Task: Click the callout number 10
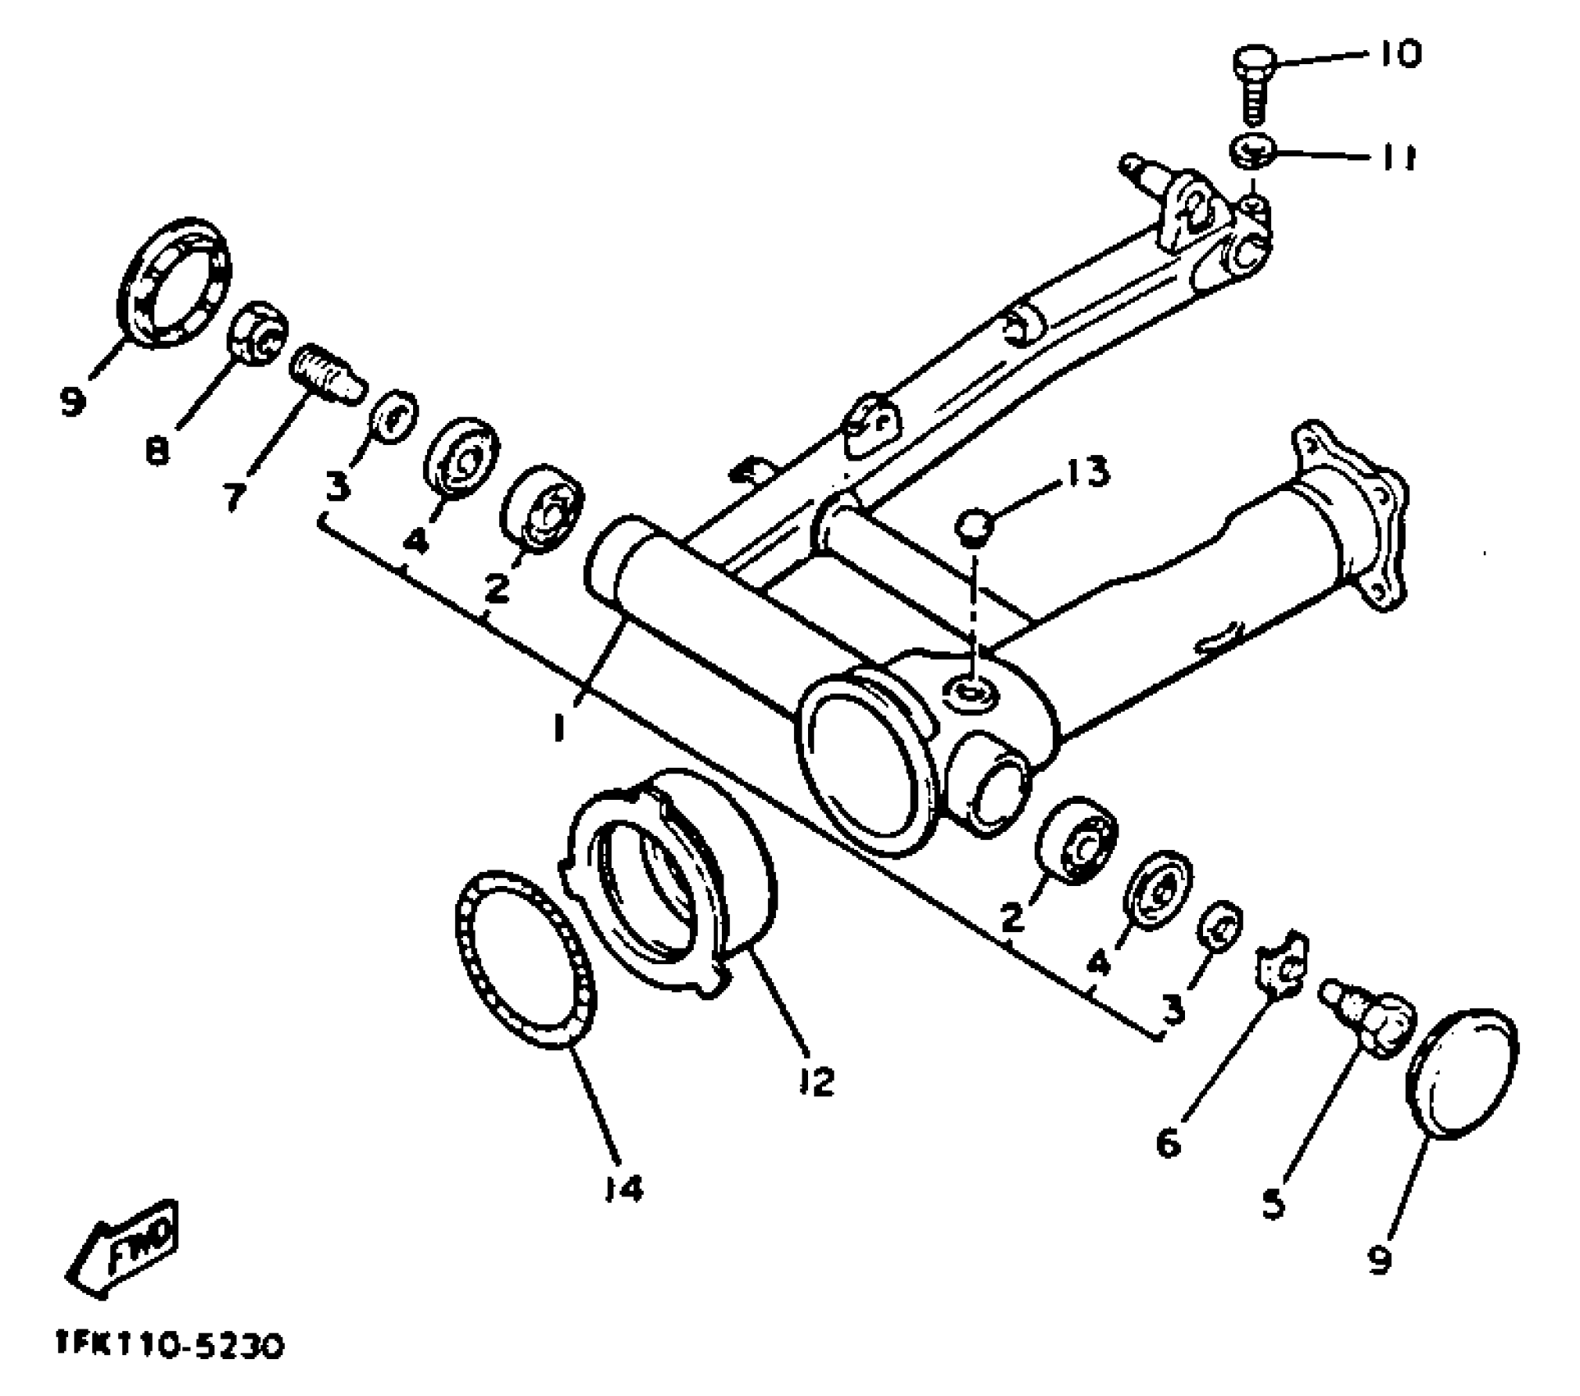pyautogui.click(x=1398, y=56)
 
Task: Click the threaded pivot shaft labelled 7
pyautogui.click(x=326, y=374)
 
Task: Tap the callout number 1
pyautogui.click(x=559, y=725)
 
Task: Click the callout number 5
pyautogui.click(x=1272, y=1203)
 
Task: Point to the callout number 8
pyautogui.click(x=157, y=448)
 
